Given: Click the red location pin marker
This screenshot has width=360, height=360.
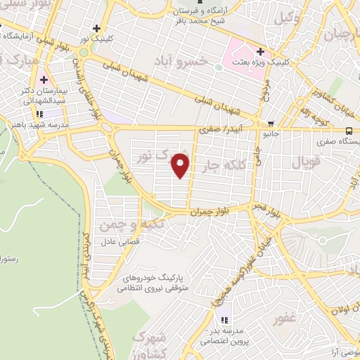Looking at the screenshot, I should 181,165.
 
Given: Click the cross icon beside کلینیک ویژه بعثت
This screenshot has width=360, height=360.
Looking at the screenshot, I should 260,51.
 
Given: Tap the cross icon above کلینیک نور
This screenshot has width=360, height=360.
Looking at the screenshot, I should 96,27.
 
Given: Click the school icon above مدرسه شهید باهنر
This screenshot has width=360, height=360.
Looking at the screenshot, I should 40,112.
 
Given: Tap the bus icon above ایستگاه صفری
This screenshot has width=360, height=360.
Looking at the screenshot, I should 349,130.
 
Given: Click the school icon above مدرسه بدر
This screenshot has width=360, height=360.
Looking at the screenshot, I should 224,321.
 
